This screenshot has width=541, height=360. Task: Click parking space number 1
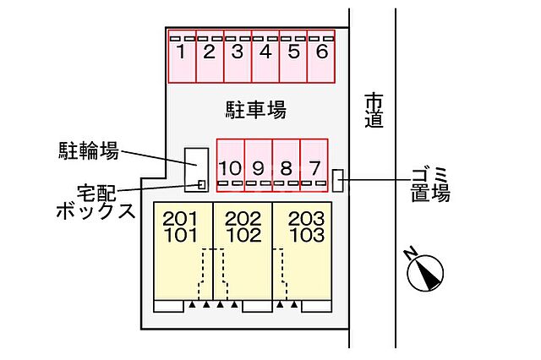182,57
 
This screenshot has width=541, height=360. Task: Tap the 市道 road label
374,110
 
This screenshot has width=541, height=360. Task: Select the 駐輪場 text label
87,151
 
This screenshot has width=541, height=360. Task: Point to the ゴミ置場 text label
429,185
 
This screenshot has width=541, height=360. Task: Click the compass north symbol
424,273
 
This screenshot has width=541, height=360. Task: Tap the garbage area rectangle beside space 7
338,180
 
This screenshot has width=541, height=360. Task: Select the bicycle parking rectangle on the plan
196,165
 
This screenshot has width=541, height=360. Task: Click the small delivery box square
201,183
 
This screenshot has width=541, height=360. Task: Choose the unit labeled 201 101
181,254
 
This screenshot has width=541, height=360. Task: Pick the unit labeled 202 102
243,254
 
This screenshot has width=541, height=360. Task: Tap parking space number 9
259,163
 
